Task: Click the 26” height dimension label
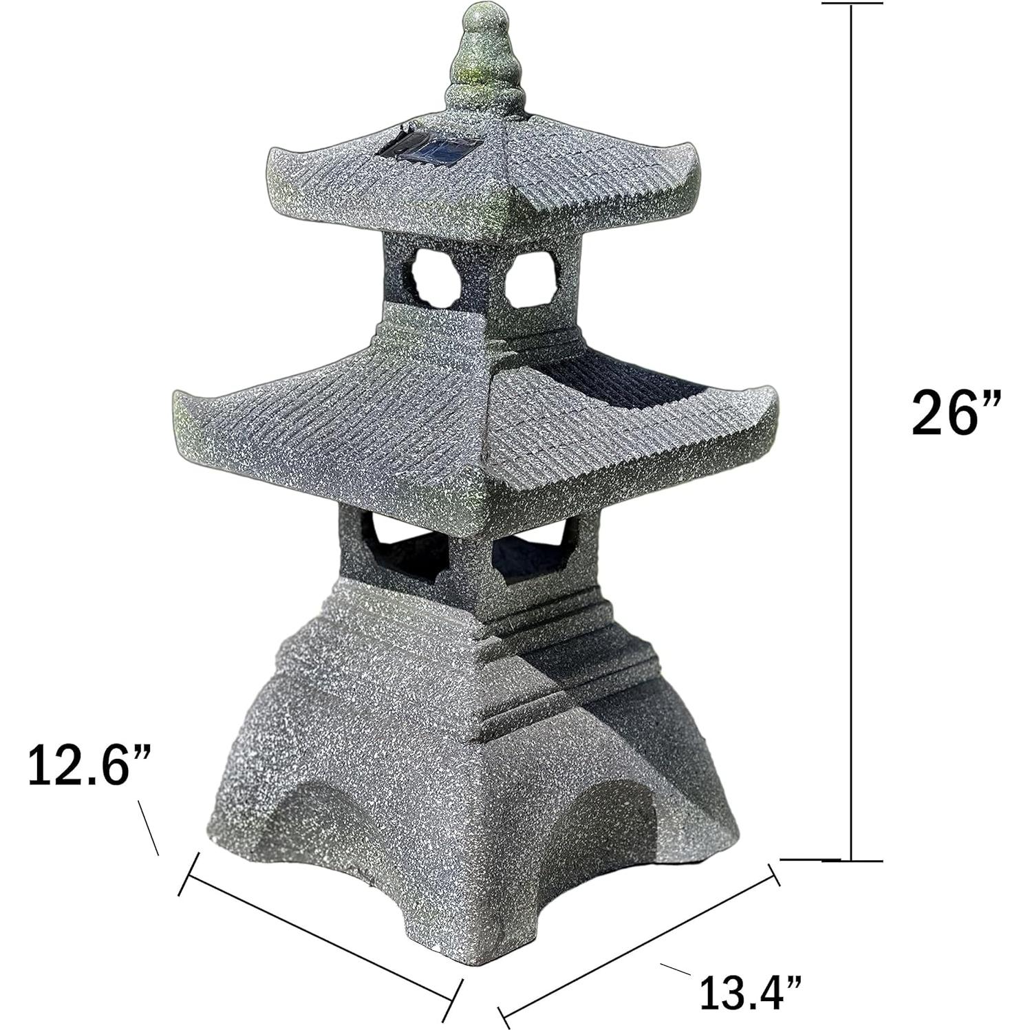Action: [953, 412]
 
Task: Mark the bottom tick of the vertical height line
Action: [852, 860]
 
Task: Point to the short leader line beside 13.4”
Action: [676, 969]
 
